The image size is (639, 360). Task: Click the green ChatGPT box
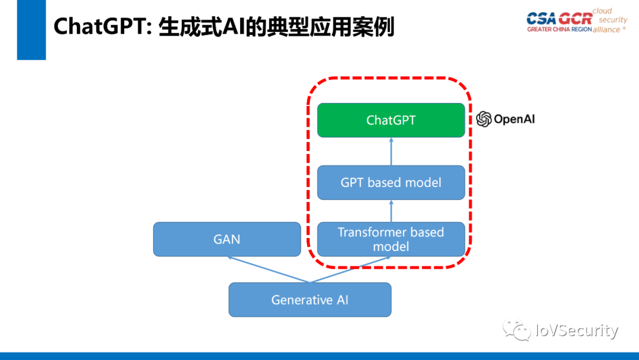[390, 120]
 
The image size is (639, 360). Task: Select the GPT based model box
[390, 182]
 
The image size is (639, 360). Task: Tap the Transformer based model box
[390, 239]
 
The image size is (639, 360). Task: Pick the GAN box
[227, 239]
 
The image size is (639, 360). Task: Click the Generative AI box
[309, 300]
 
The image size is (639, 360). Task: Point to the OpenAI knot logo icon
[484, 120]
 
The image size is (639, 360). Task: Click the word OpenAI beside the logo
[514, 120]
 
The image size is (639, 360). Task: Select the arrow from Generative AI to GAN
[266, 269]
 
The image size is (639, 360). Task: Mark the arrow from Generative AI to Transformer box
[349, 269]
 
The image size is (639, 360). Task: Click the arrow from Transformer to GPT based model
[390, 211]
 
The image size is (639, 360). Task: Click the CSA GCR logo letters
[559, 18]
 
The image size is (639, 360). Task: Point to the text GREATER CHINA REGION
[559, 30]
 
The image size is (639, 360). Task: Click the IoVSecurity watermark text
[576, 330]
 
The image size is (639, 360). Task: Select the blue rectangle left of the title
[31, 30]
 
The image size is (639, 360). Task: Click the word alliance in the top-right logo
[606, 30]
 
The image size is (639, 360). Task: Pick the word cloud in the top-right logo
[602, 11]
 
